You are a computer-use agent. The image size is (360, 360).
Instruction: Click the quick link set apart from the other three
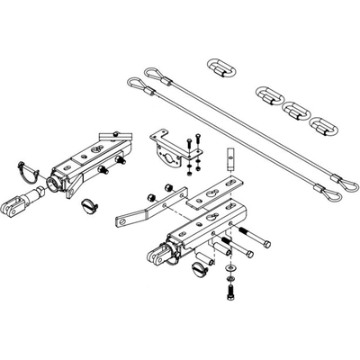point(219,67)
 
